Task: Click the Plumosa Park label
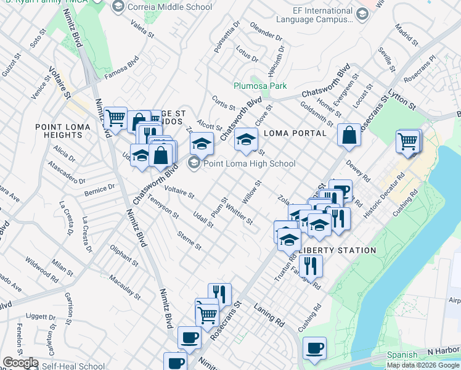256,86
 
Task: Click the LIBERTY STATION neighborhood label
337,250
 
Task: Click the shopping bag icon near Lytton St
349,135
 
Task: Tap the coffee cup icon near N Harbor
315,347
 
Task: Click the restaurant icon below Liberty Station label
311,265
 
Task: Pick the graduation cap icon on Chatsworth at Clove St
246,139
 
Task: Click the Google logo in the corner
20,363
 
